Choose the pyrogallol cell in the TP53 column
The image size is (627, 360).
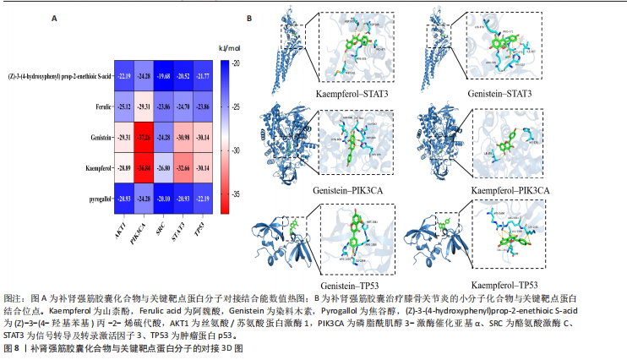204,198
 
